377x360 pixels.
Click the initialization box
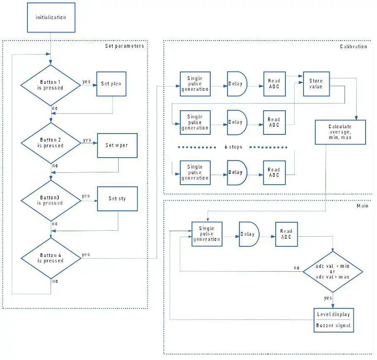[51, 17]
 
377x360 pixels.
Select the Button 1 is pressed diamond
[51, 85]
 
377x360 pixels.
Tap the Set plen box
[111, 84]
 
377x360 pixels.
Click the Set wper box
[117, 145]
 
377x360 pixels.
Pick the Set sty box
[117, 199]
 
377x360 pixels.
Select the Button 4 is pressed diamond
[51, 258]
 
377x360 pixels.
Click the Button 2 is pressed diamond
[51, 143]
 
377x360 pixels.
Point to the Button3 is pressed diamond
[51, 200]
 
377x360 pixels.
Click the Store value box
[316, 84]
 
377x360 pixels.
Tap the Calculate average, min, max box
[340, 132]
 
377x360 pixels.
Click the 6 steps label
[233, 147]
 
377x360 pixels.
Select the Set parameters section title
[124, 46]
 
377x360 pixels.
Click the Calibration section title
[353, 46]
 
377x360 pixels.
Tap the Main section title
[362, 206]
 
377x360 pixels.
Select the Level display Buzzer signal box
[333, 320]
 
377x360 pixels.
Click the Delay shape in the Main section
[248, 234]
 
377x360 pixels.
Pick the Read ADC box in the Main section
[286, 234]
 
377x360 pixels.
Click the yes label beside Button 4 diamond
[86, 254]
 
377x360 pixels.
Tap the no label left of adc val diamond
[296, 268]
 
